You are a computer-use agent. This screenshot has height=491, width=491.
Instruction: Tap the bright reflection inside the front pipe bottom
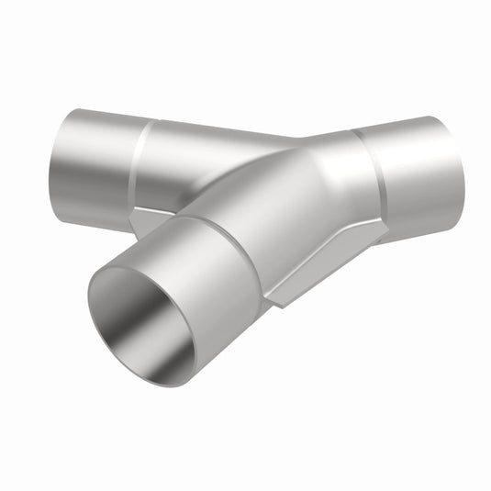(x=170, y=353)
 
